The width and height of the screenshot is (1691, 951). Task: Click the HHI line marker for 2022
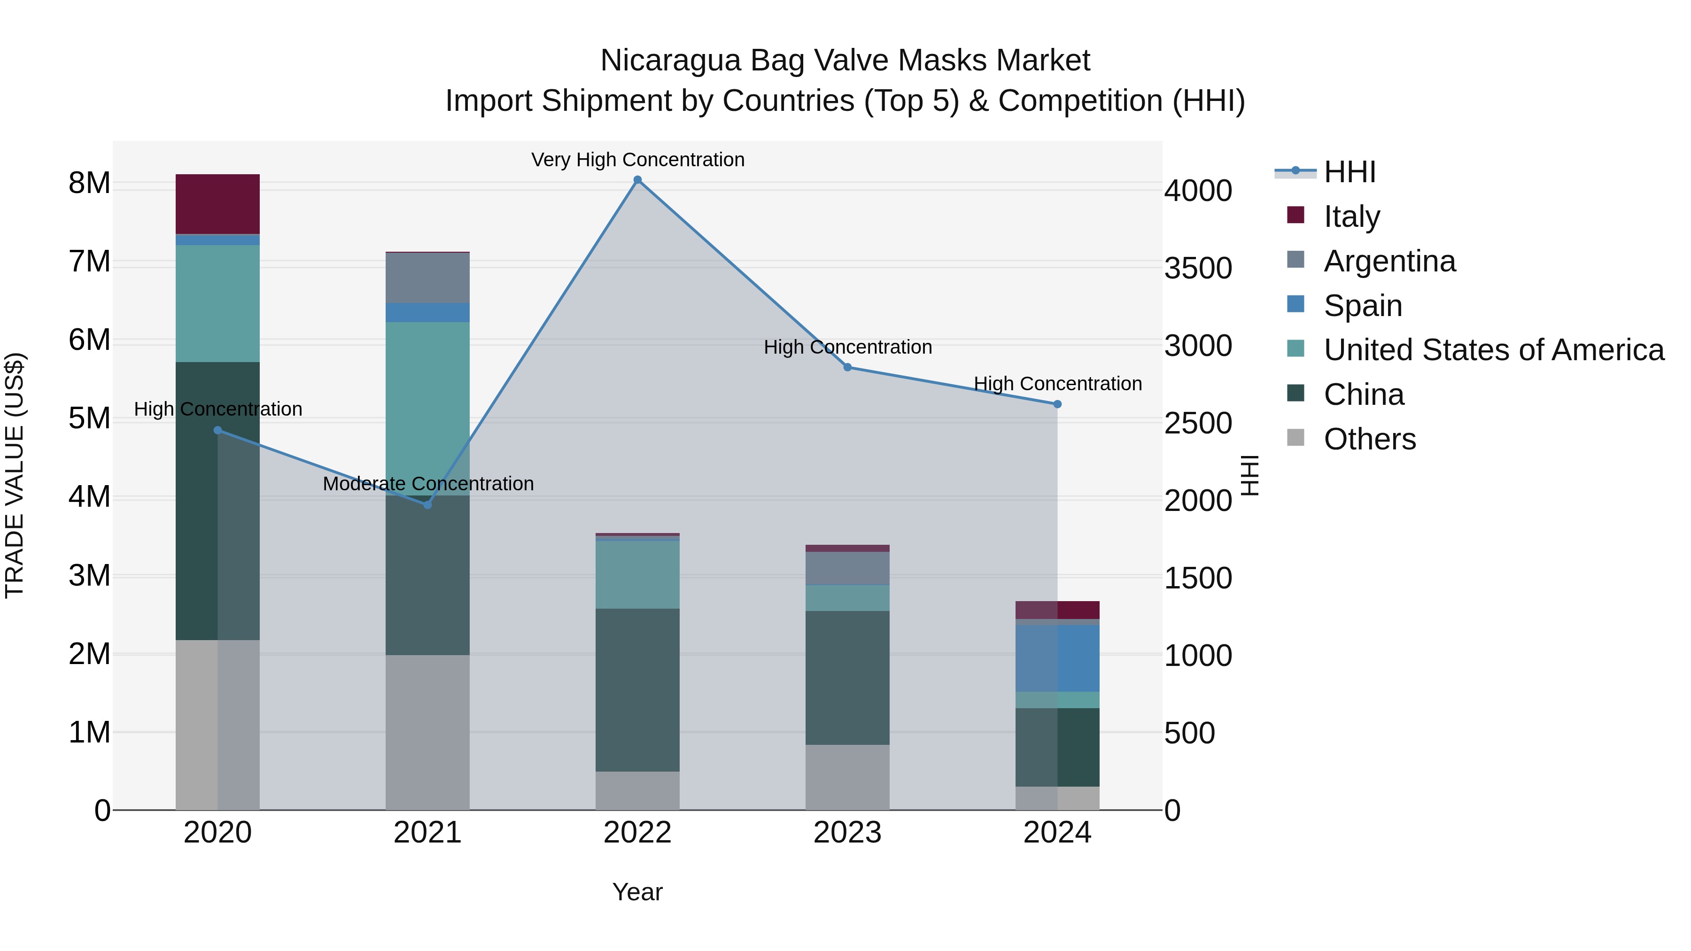(637, 180)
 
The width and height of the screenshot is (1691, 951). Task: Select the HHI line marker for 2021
(427, 505)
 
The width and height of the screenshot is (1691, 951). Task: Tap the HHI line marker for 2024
(1057, 404)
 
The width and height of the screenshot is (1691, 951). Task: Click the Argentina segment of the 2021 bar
(427, 278)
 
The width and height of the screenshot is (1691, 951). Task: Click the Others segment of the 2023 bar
(847, 777)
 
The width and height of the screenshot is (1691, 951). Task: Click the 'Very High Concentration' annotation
(637, 160)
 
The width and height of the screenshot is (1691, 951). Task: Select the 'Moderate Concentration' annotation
(428, 484)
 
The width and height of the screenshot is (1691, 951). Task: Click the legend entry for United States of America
(1493, 350)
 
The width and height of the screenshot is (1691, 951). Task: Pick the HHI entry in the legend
(1349, 172)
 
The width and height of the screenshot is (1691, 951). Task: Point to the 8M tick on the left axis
(89, 183)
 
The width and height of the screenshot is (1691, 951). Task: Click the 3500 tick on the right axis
(1198, 269)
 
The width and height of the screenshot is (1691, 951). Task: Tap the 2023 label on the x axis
(847, 833)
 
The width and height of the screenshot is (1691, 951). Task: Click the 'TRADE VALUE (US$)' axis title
(15, 475)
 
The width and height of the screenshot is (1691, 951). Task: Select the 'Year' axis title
(637, 892)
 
